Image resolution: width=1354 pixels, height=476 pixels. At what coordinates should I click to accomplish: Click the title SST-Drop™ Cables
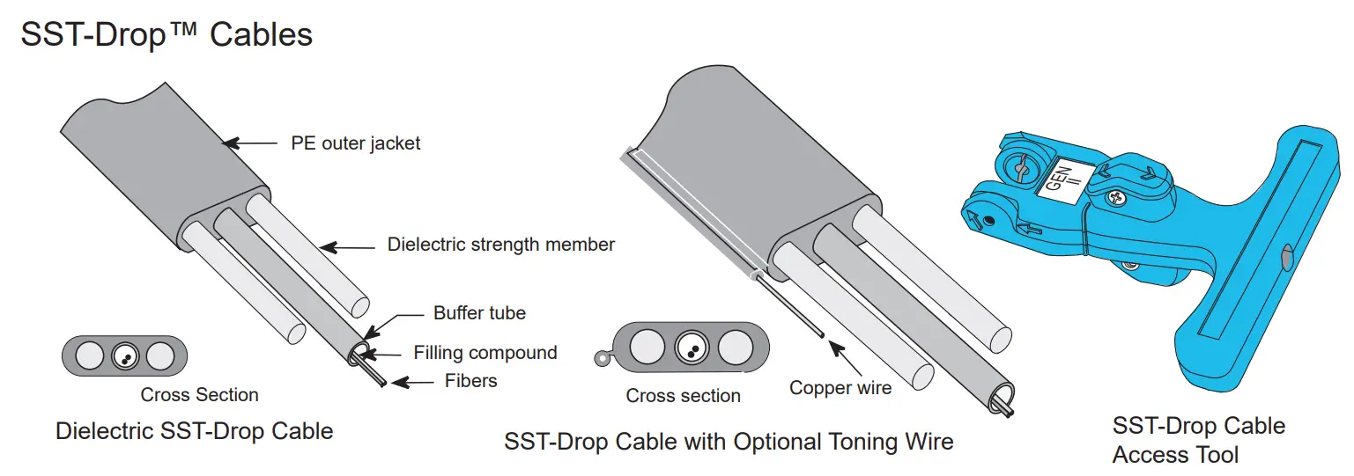click(166, 34)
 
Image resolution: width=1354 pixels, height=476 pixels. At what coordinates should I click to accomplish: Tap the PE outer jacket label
click(356, 143)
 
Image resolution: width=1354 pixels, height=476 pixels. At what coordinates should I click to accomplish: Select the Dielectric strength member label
click(500, 244)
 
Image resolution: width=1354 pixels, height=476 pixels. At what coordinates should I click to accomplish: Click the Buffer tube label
click(479, 313)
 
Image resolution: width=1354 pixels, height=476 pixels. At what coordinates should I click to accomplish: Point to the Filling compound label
click(485, 353)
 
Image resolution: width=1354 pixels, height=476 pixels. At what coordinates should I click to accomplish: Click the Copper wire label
click(840, 387)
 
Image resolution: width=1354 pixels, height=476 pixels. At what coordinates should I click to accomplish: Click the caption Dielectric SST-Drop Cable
click(195, 431)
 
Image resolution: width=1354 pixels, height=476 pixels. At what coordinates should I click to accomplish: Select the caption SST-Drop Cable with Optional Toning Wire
click(729, 441)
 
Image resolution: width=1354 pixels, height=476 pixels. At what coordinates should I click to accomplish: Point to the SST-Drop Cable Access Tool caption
click(1198, 440)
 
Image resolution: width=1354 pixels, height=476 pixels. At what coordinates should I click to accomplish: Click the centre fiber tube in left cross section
click(123, 356)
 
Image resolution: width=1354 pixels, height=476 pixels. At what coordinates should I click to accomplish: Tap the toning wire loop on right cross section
click(601, 358)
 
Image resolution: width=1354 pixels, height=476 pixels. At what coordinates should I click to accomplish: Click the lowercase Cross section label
click(683, 396)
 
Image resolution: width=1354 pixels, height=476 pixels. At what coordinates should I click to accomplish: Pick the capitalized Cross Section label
click(199, 395)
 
